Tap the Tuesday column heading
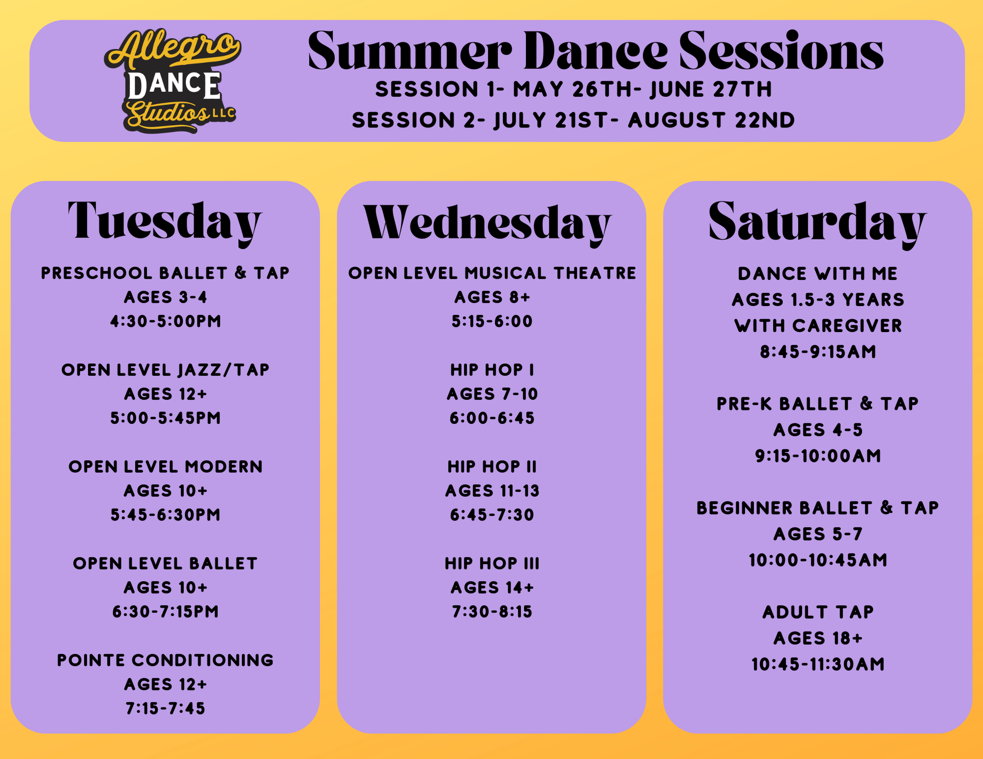tap(165, 221)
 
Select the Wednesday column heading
tap(487, 223)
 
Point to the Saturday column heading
tap(817, 222)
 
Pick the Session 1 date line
tap(573, 90)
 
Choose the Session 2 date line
tap(573, 120)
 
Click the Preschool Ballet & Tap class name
tap(165, 273)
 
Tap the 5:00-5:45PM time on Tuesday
tap(165, 418)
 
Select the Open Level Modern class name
tap(165, 466)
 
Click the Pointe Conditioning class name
tap(165, 660)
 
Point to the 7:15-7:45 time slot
tap(165, 708)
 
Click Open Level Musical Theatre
tap(492, 273)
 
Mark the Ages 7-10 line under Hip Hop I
tap(492, 394)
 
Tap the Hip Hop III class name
tap(492, 563)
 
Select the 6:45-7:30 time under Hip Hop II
tap(492, 514)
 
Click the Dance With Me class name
tap(818, 273)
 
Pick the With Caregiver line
tap(818, 326)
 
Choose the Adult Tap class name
tap(818, 612)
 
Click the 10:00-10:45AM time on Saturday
tap(818, 560)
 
